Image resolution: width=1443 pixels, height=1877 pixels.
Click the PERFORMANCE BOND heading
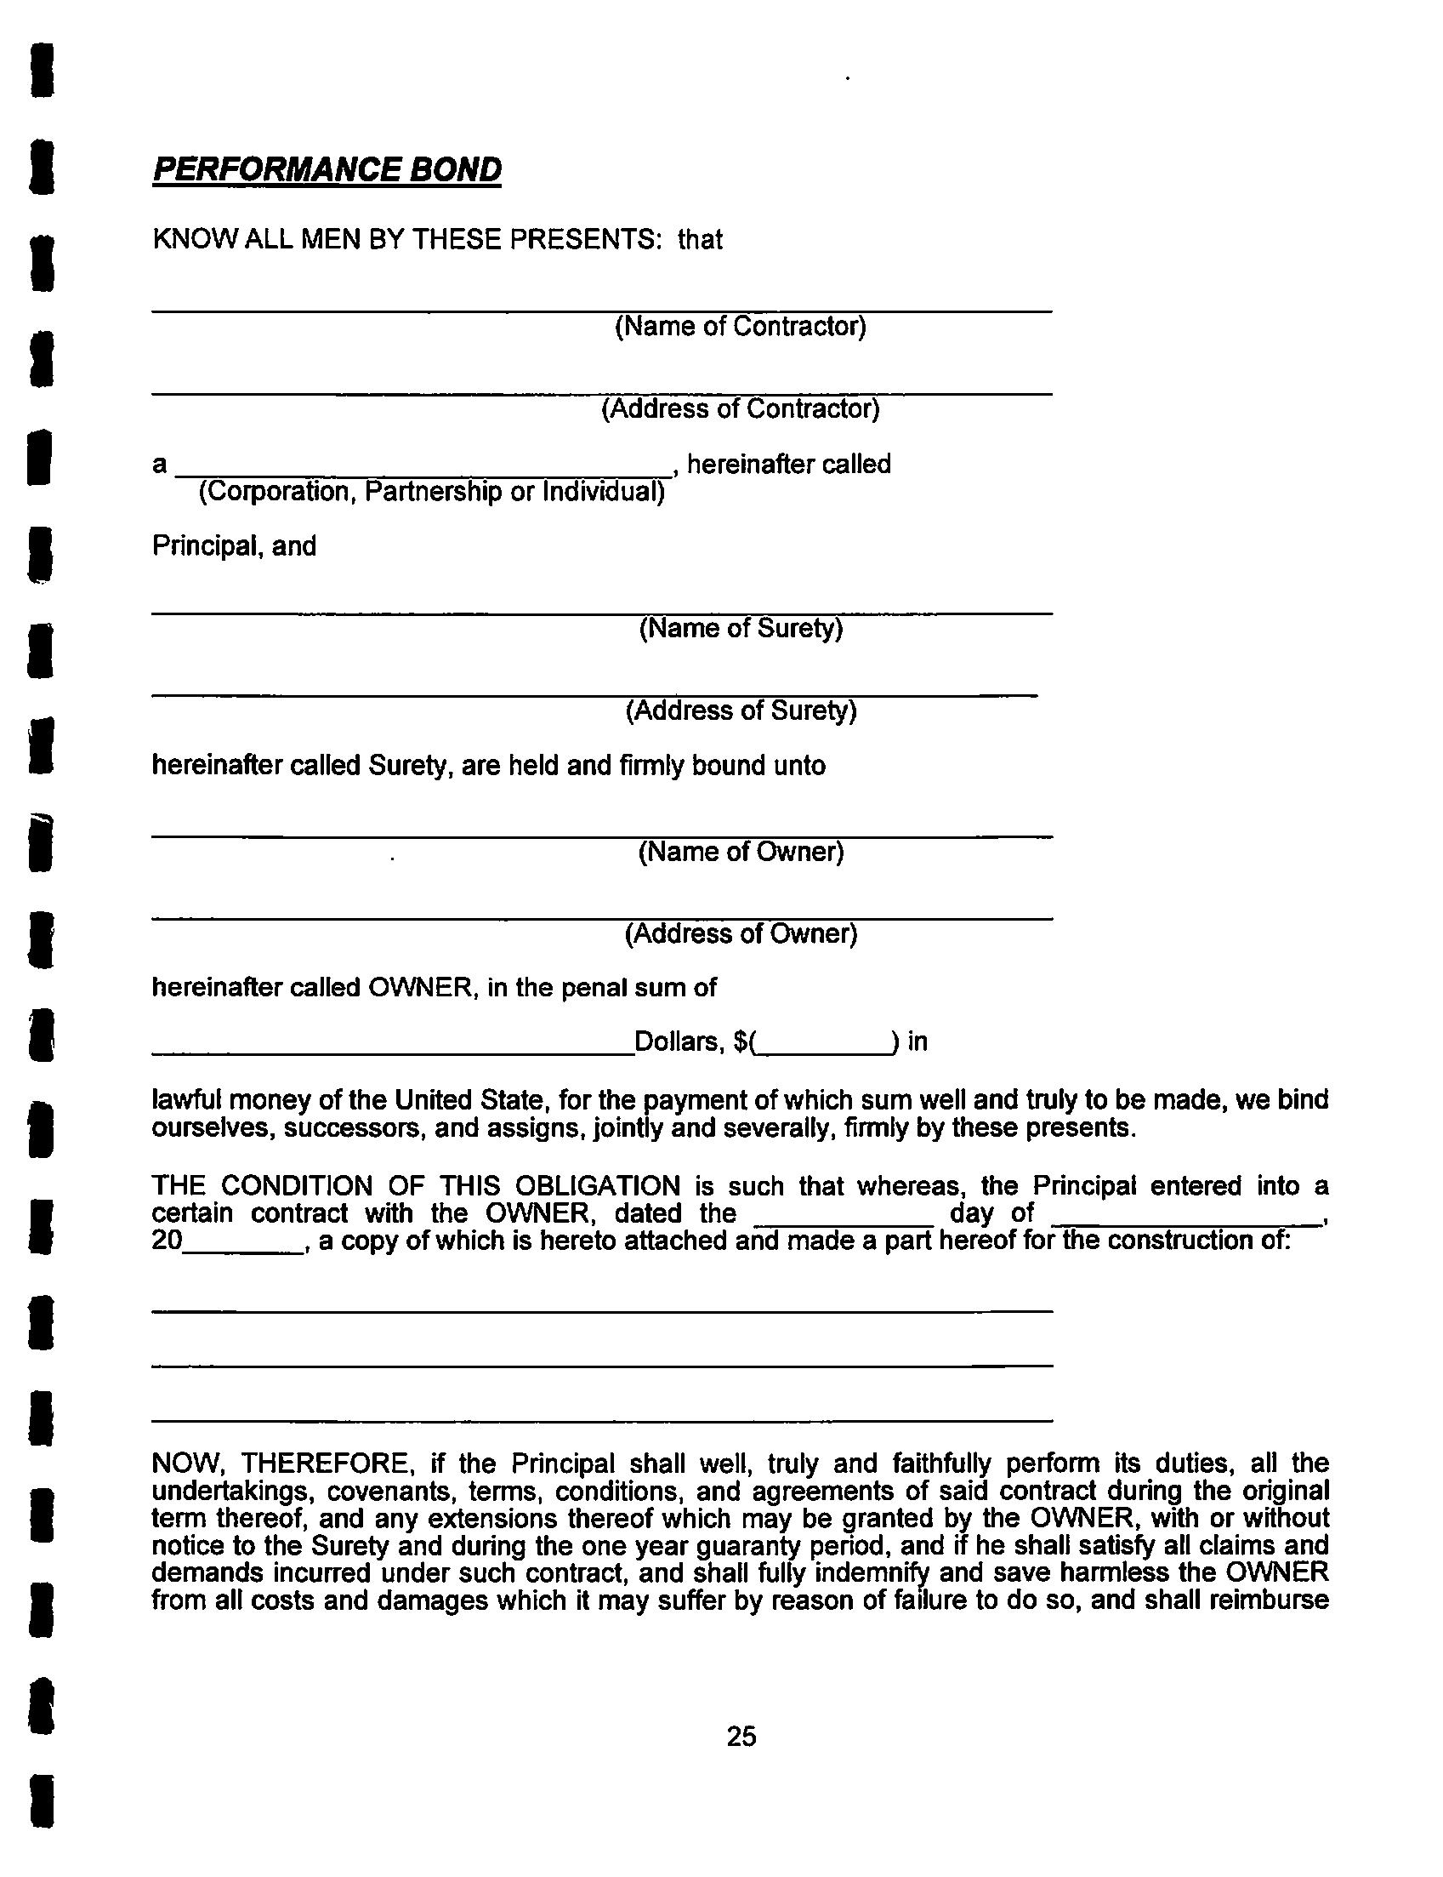click(x=327, y=169)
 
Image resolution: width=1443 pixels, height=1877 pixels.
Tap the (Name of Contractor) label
click(x=740, y=327)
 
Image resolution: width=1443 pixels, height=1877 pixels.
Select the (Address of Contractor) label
click(x=740, y=408)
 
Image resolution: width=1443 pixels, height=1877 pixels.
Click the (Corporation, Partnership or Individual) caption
click(x=431, y=493)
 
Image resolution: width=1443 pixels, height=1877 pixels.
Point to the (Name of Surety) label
click(x=741, y=629)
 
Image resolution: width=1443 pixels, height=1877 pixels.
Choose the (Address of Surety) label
click(x=741, y=710)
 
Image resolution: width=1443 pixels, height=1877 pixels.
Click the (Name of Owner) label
click(x=741, y=852)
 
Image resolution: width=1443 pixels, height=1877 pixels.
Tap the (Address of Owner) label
click(x=741, y=933)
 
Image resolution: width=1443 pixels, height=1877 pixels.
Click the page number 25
click(x=741, y=1737)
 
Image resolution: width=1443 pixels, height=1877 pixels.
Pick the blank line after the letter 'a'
click(x=423, y=467)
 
